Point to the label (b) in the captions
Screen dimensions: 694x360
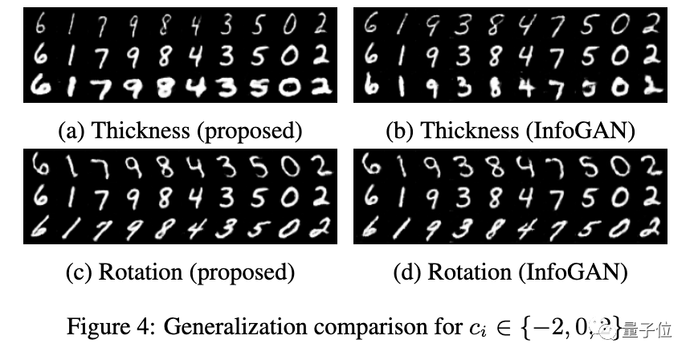398,130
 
